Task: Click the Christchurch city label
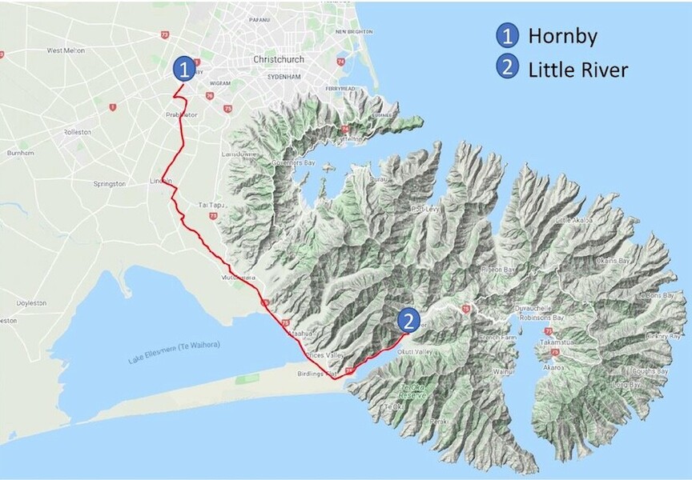coord(280,59)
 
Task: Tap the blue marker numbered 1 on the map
coord(185,68)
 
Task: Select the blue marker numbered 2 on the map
coord(408,321)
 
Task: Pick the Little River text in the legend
coord(577,70)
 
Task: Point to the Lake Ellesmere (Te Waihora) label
coord(174,352)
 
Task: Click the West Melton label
coord(66,50)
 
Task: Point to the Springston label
coord(109,183)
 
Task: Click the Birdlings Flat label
coord(324,374)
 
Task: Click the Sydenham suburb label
coord(284,76)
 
